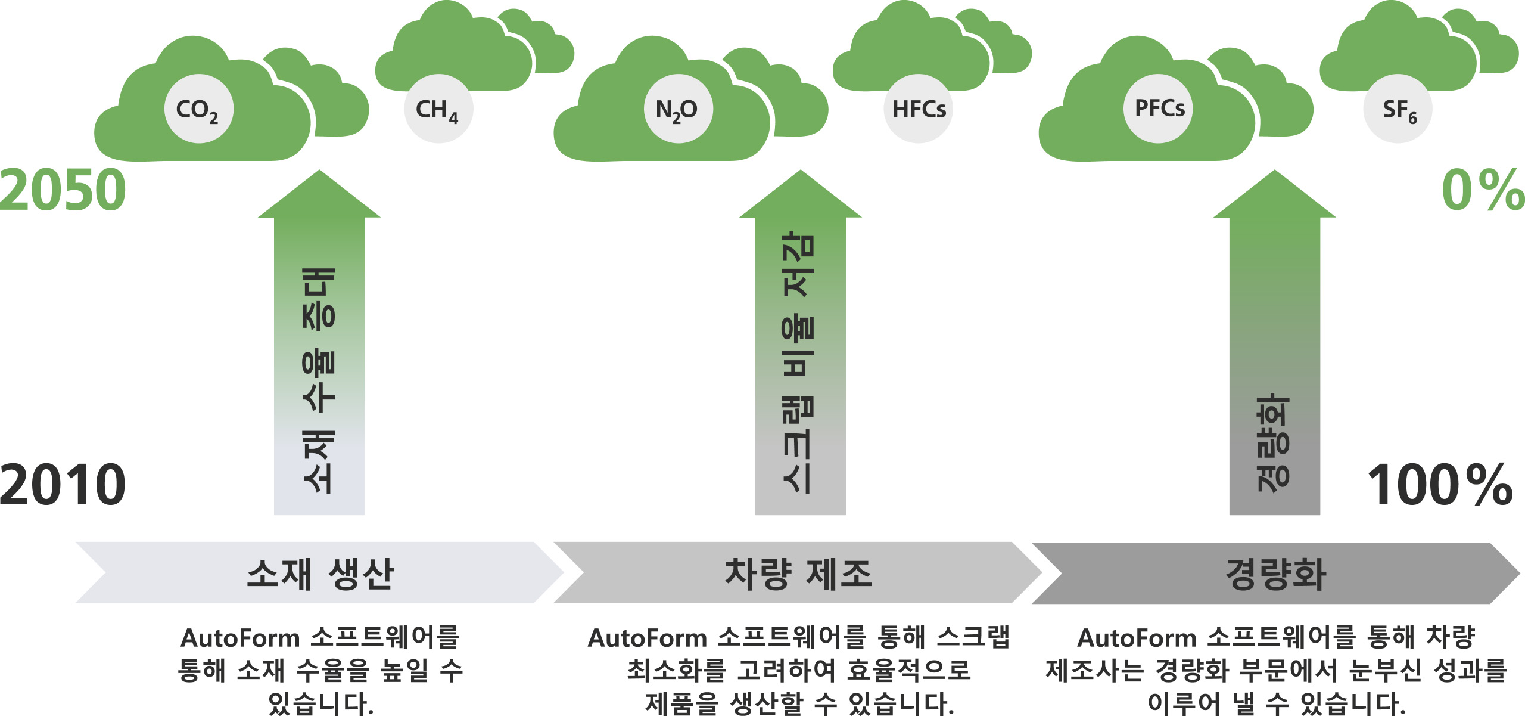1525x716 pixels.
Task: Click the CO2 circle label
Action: (x=198, y=109)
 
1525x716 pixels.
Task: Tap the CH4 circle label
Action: (x=438, y=109)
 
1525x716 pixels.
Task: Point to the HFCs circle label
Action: (x=919, y=109)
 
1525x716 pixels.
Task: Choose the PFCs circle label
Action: (x=1159, y=109)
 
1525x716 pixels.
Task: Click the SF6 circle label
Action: (x=1398, y=109)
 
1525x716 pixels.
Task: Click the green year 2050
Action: (x=63, y=190)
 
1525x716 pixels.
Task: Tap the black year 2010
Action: (x=63, y=485)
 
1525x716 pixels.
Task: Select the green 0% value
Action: (x=1483, y=190)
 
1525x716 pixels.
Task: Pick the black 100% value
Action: (x=1440, y=485)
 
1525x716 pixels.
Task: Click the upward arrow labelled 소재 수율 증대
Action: (x=319, y=342)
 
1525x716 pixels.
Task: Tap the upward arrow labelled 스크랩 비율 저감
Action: (x=801, y=342)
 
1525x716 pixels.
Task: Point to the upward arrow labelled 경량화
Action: (x=1275, y=342)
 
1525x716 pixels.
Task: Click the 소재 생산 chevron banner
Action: (x=320, y=572)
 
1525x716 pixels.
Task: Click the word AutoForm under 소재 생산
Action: (x=241, y=638)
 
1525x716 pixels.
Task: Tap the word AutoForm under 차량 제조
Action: (x=648, y=638)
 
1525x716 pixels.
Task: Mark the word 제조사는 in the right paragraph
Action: (x=1094, y=670)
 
